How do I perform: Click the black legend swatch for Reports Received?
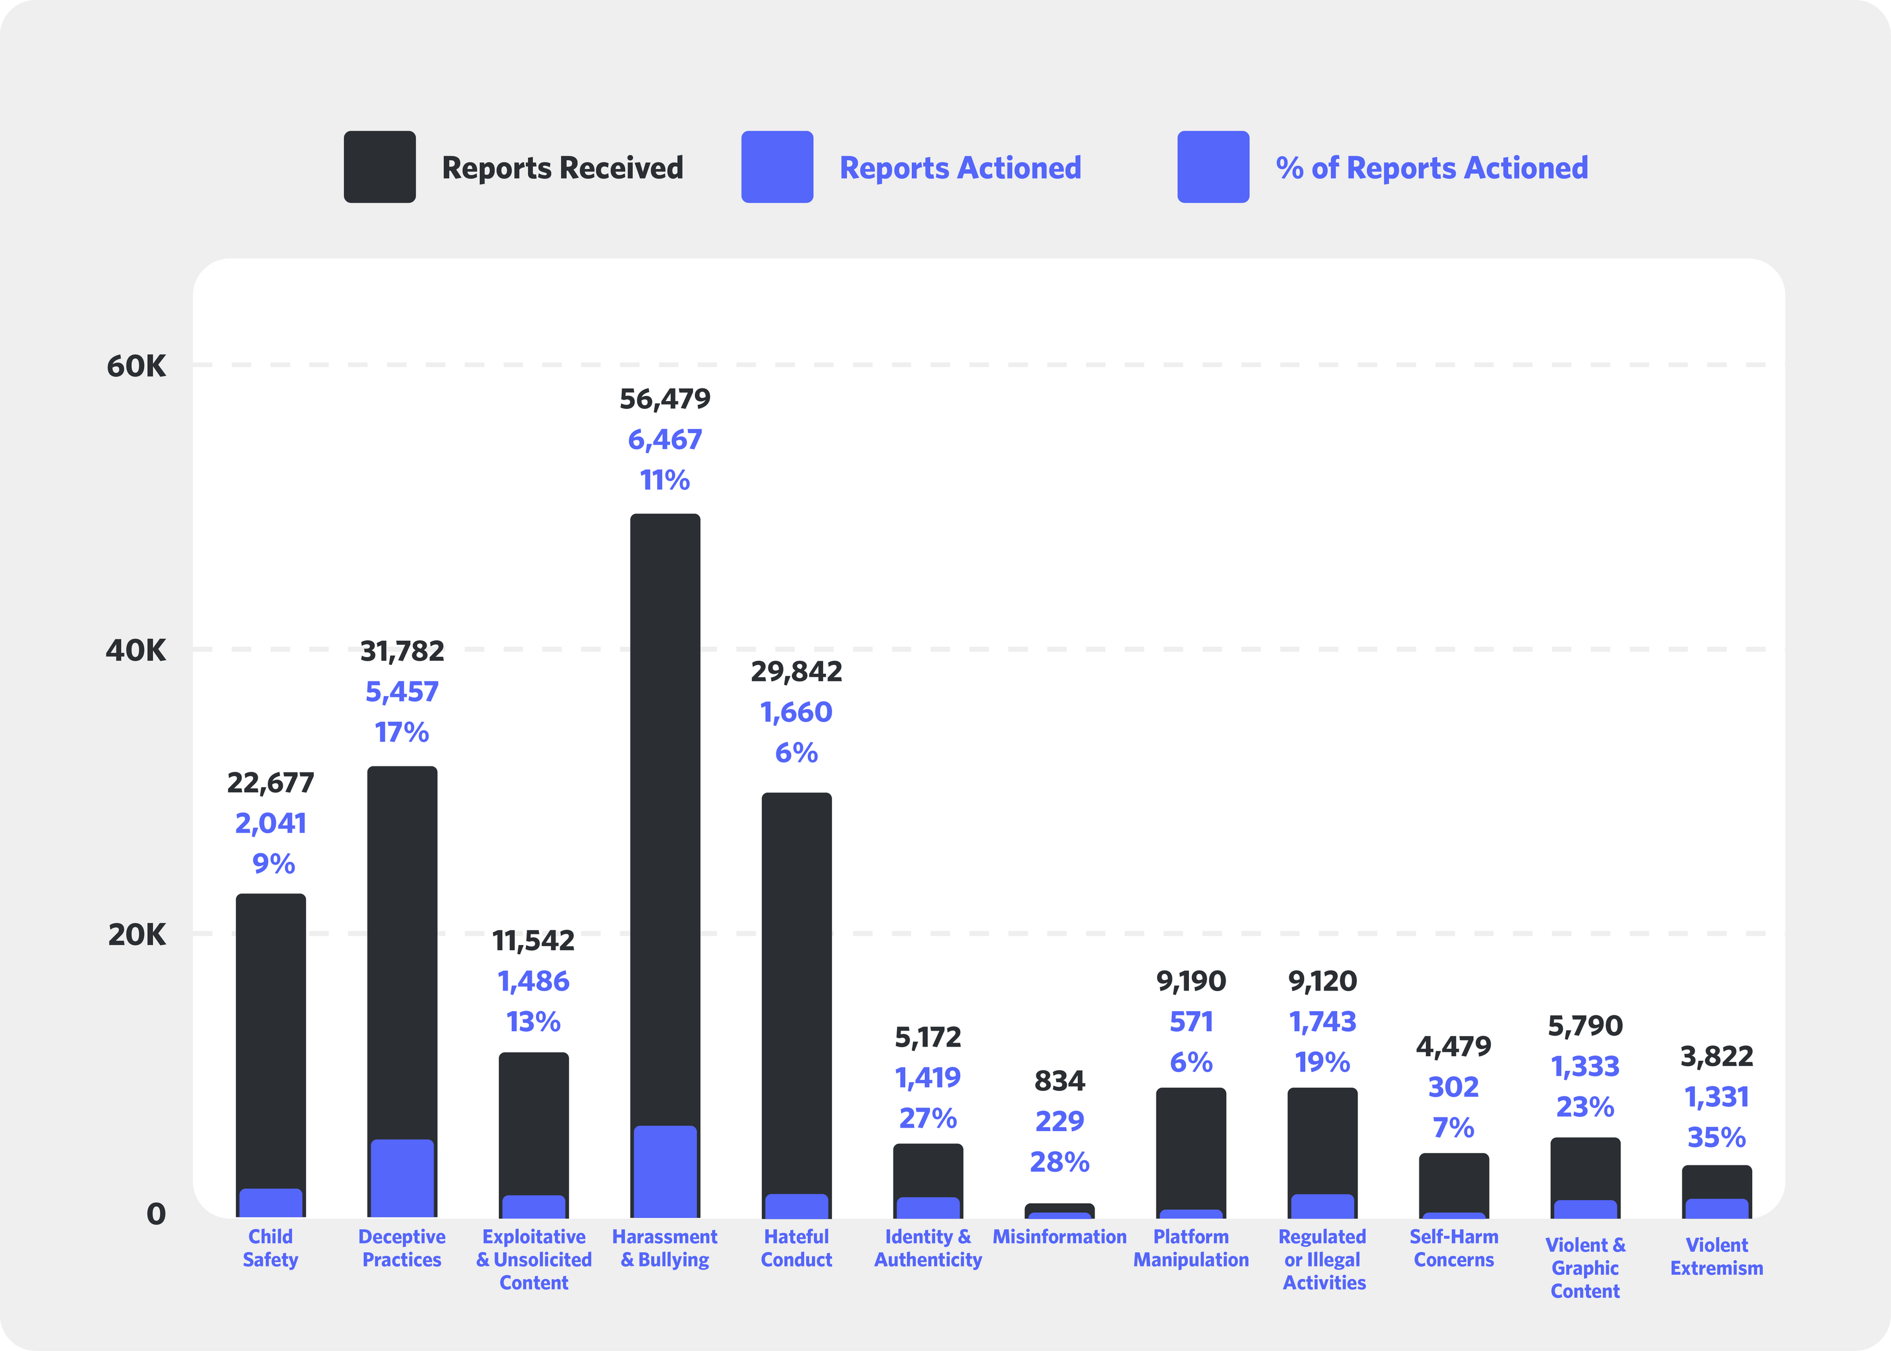tap(379, 167)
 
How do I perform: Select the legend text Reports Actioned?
tap(960, 168)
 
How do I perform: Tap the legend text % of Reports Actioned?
tap(1431, 168)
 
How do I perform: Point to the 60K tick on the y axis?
tap(137, 366)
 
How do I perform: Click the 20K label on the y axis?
tap(137, 935)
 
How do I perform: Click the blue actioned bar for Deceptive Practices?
tap(402, 1177)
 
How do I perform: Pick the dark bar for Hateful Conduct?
tap(796, 990)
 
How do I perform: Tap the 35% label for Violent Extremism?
tap(1715, 1137)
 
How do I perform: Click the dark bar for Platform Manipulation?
tap(1190, 1144)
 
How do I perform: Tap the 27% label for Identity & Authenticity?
tap(927, 1118)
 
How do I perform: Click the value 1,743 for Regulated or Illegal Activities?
tap(1321, 1022)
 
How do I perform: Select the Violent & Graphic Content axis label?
tap(1584, 1268)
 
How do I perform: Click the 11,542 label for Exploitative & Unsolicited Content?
tap(533, 941)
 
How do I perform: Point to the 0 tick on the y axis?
tap(155, 1214)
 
